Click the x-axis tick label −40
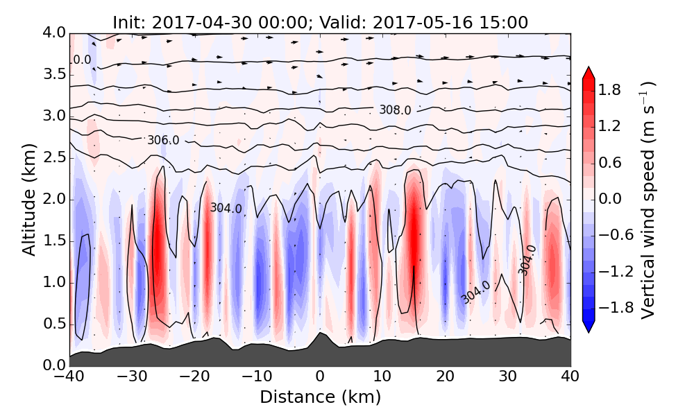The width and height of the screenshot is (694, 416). (x=69, y=378)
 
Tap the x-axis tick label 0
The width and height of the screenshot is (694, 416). (x=320, y=378)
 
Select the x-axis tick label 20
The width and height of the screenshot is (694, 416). (x=445, y=378)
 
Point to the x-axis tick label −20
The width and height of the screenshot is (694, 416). (x=194, y=378)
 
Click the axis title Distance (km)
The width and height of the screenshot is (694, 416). (x=320, y=397)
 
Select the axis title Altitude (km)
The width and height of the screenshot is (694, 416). (x=28, y=199)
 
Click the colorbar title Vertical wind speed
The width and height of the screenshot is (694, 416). (x=648, y=200)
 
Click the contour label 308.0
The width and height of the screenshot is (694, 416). (x=395, y=110)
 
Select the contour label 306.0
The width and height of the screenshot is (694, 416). (x=163, y=140)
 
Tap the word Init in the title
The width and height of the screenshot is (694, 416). (x=126, y=23)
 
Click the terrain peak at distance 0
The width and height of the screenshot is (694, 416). (x=319, y=333)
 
